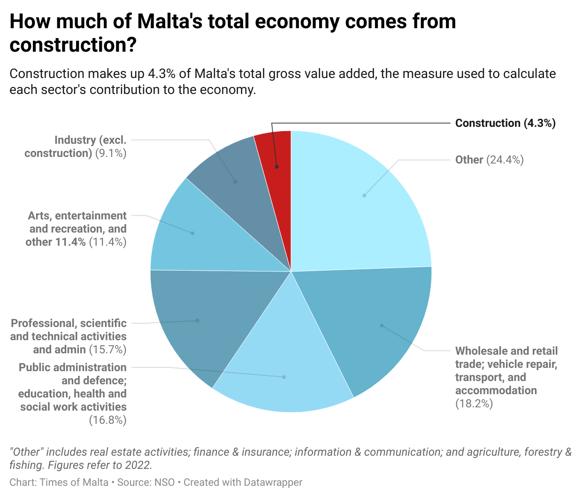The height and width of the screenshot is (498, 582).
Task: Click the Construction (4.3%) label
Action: (505, 123)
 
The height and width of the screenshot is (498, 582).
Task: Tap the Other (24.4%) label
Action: (489, 160)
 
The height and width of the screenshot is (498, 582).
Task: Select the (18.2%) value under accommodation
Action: (474, 404)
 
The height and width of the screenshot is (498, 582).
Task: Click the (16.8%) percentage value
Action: (107, 420)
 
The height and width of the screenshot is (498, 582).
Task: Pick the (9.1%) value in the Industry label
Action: (111, 153)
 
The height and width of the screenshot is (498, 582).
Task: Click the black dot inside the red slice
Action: (277, 167)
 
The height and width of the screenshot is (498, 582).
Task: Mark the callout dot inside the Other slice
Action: (364, 195)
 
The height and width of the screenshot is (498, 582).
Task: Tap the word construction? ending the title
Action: (73, 45)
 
